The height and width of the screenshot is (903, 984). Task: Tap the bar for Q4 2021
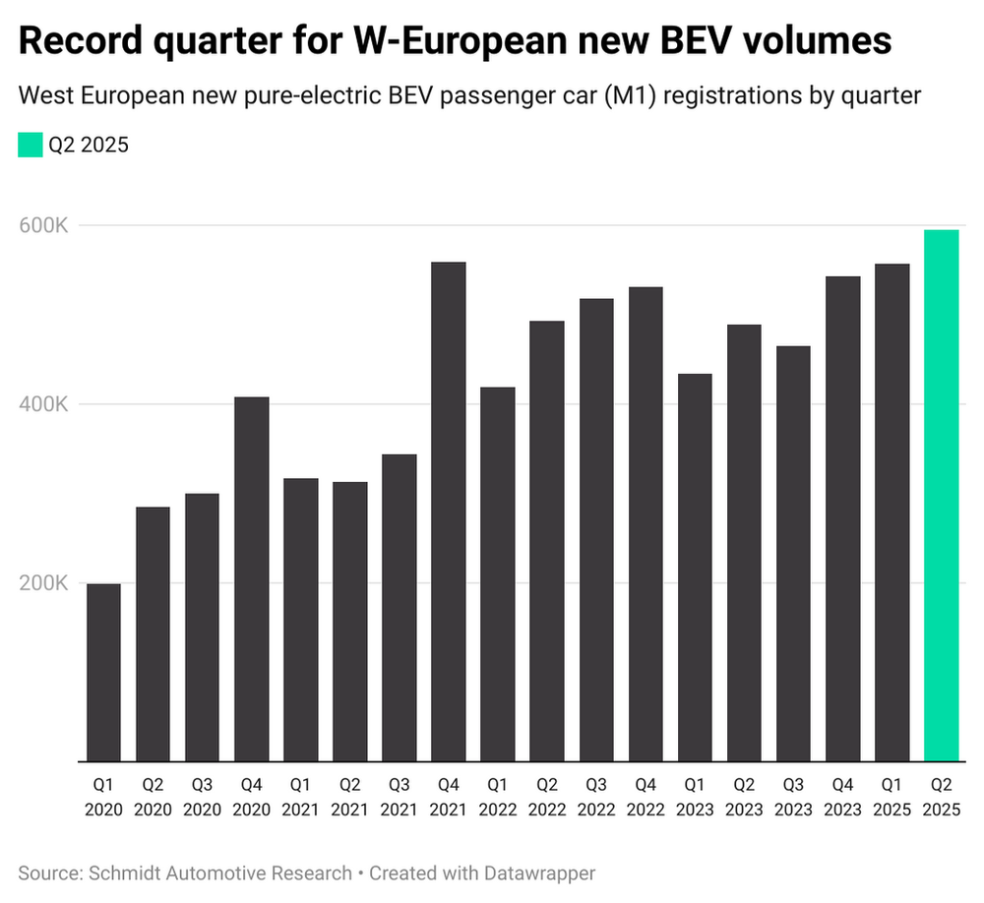449,512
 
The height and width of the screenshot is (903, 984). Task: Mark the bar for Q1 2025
892,512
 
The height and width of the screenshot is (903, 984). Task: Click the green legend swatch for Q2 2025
31,146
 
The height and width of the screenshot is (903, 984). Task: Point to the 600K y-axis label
43,225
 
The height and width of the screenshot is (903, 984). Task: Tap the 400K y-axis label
43,404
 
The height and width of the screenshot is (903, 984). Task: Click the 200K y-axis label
43,582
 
